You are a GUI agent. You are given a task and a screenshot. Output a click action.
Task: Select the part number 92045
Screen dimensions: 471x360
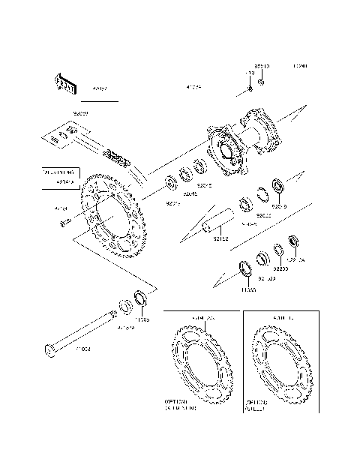[x=190, y=193]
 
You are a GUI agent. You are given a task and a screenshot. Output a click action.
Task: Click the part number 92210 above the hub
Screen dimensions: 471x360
[x=262, y=67]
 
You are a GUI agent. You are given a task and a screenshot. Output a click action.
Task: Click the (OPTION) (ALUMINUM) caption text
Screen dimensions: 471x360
[x=181, y=405]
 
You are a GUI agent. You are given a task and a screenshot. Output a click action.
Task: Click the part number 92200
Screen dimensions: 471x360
[x=280, y=268]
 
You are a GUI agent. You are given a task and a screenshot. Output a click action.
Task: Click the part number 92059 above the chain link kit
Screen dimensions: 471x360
[x=80, y=112]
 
